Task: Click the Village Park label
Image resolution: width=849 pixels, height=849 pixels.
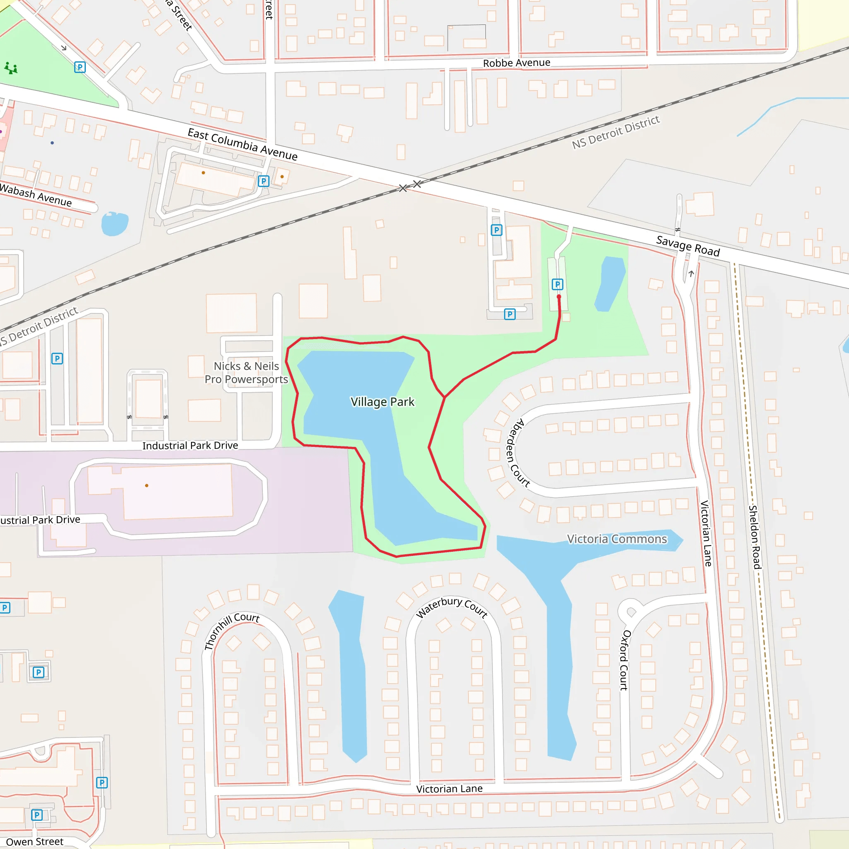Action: [382, 402]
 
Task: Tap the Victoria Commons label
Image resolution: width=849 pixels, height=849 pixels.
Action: [616, 539]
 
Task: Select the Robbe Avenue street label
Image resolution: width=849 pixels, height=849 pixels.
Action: [517, 63]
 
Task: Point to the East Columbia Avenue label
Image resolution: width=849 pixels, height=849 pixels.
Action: [243, 144]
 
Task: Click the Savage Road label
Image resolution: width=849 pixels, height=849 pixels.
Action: [688, 246]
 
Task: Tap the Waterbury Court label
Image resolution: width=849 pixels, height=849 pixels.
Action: [452, 607]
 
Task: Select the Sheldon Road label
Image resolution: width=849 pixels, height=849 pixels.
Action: [754, 537]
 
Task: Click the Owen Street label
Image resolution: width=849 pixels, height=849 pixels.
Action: [35, 842]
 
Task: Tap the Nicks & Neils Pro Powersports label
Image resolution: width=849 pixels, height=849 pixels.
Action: [246, 373]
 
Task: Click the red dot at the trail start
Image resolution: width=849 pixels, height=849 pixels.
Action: [559, 297]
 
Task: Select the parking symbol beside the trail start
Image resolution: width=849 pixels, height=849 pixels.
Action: [557, 284]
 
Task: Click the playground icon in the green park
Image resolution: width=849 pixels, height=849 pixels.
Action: [11, 68]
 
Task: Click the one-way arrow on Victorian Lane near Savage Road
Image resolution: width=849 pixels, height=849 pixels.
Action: [691, 274]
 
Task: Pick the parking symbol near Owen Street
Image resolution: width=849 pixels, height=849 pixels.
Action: [37, 815]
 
